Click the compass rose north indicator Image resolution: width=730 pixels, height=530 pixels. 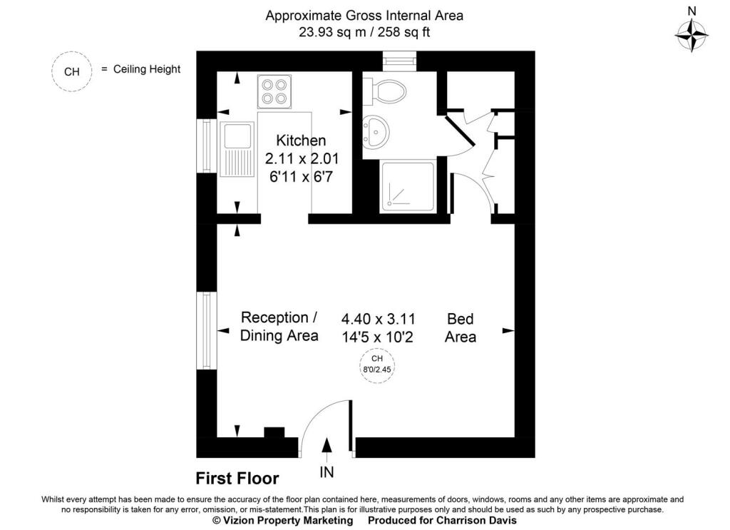691,32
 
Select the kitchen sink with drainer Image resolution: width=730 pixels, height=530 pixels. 237,149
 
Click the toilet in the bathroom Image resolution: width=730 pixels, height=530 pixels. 385,91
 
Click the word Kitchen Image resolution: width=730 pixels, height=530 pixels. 301,141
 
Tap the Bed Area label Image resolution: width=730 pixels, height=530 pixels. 460,327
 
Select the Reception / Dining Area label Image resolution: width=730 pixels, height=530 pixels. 279,326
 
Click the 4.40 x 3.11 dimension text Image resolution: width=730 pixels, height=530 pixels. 378,318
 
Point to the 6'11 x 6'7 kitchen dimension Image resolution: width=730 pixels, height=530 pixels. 301,176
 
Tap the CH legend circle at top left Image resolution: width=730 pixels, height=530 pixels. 72,71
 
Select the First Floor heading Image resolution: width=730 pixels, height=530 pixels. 237,478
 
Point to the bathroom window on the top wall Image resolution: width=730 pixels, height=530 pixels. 402,61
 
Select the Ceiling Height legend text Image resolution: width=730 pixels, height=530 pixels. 147,69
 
